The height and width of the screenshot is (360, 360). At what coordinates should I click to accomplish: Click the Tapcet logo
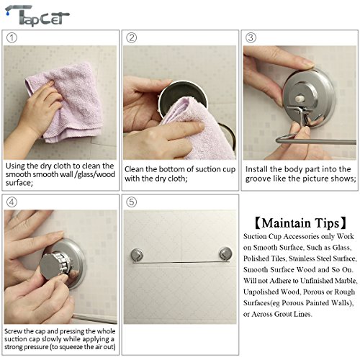click(x=37, y=16)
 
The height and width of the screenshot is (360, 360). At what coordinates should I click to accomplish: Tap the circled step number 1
click(x=12, y=37)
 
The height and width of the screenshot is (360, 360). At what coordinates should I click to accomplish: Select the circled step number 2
click(x=132, y=37)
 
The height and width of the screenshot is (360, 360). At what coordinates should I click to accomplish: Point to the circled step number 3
click(x=251, y=37)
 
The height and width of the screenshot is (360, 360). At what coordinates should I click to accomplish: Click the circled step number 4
click(x=12, y=202)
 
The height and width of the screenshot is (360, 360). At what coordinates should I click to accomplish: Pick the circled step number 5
click(x=132, y=202)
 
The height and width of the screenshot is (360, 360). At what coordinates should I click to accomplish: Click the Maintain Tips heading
click(x=300, y=223)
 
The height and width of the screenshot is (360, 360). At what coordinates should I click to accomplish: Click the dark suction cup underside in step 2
click(x=182, y=95)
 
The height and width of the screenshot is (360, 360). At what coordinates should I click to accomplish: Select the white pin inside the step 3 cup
click(x=299, y=99)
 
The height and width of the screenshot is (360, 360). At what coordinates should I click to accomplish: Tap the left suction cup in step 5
click(x=137, y=254)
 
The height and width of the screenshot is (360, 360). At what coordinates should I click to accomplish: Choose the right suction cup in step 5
click(x=225, y=253)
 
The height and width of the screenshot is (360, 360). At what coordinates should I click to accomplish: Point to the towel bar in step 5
click(x=181, y=262)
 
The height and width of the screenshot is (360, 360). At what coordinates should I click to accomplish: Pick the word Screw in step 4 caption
click(x=12, y=331)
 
